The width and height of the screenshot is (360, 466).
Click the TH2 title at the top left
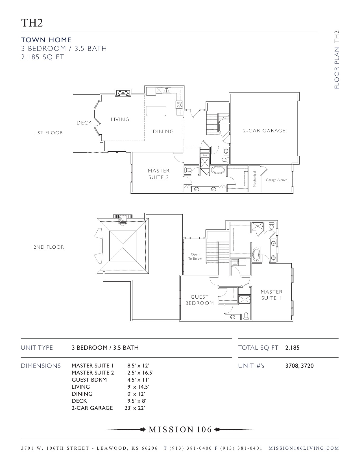coord(32,23)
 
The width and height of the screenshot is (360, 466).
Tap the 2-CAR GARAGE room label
coord(264,131)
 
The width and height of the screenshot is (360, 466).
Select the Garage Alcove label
coord(276,180)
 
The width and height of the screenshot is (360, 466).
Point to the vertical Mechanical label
coord(254,179)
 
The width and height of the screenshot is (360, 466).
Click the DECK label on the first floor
coord(84,123)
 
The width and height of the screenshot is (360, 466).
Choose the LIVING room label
coord(120,119)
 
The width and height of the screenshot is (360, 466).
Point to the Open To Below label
coord(195,256)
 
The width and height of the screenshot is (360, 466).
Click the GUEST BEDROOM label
coord(200,300)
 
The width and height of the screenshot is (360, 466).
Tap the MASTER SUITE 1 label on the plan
coord(271,295)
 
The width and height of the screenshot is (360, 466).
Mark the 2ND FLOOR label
coord(49,247)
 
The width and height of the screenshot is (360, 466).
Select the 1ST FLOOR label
coord(49,133)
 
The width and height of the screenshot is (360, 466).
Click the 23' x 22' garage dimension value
coord(135,408)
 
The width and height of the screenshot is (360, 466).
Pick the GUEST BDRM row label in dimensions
coord(89,380)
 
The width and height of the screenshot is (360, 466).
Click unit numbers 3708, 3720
coord(299,366)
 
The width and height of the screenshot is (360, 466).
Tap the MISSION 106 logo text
coord(180,430)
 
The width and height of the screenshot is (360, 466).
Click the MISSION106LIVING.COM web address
coord(304,448)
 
